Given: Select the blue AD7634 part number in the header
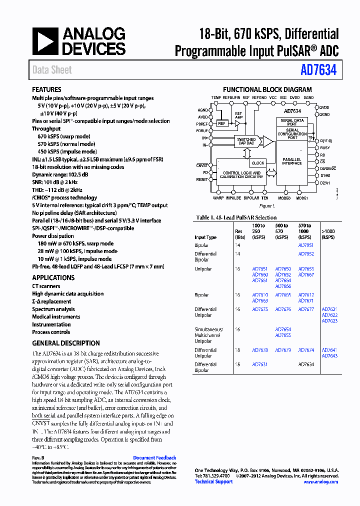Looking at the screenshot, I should point(318,70).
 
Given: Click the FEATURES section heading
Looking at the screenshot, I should point(46,90).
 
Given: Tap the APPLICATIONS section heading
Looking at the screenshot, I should point(53,278).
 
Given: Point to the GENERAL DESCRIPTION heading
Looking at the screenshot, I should point(66,343).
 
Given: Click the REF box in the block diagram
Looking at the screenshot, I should point(222,123).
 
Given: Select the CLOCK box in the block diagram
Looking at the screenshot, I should point(258,163).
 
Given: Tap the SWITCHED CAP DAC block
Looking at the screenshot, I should point(246,141).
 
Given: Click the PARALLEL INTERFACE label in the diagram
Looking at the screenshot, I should point(291,161).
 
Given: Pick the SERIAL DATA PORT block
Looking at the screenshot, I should point(292,122).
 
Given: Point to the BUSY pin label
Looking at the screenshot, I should point(325,148).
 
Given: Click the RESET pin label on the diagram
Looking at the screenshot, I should point(202,179).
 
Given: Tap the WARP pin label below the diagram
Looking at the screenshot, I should point(218,198).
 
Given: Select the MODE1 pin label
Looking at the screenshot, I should point(301,198).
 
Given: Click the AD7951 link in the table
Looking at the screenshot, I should point(305,245).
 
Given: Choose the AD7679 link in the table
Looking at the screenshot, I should point(283,350).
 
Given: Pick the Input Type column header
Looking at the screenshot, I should point(205,237).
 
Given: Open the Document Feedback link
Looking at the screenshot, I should point(154,458).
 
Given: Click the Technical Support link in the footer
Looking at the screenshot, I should point(213,482).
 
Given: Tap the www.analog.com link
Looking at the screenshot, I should point(320,482).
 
